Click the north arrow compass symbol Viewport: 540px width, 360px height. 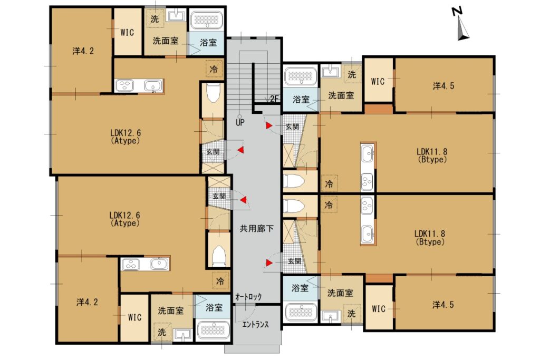(461, 24)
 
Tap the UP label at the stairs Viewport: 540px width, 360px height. (240, 122)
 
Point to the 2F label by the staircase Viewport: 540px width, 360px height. (274, 99)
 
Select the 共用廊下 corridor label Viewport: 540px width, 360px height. (257, 228)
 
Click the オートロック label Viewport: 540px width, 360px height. (248, 297)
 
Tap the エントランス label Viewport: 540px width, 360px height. (255, 324)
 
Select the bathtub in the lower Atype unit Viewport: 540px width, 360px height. (213, 330)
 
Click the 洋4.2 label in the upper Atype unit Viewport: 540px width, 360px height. (83, 51)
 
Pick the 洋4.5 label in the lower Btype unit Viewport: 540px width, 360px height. (443, 305)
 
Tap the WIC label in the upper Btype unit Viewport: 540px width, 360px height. (378, 81)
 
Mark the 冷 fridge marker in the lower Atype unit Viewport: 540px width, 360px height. (220, 281)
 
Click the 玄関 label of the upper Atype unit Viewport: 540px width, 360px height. (213, 151)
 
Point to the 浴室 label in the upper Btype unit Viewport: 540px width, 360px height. (301, 100)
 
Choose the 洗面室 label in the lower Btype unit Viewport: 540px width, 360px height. (340, 293)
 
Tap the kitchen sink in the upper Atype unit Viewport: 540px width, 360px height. (153, 86)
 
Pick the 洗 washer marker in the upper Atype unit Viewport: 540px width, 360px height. (155, 19)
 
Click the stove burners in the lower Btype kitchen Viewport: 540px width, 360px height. (367, 206)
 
